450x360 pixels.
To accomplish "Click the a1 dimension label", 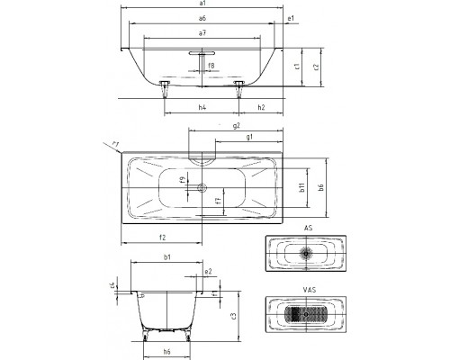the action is [202, 3].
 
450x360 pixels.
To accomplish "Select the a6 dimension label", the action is [202, 18].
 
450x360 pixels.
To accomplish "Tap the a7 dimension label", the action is [202, 33].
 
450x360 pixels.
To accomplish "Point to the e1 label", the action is [291, 18].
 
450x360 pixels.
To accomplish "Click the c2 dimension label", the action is [316, 67].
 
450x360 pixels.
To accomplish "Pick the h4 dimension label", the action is [202, 107].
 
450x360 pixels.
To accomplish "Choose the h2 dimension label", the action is [261, 107].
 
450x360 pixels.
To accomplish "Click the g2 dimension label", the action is [237, 126].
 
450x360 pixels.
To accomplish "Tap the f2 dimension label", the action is [162, 238].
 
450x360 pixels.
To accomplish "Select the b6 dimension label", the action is [321, 187].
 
